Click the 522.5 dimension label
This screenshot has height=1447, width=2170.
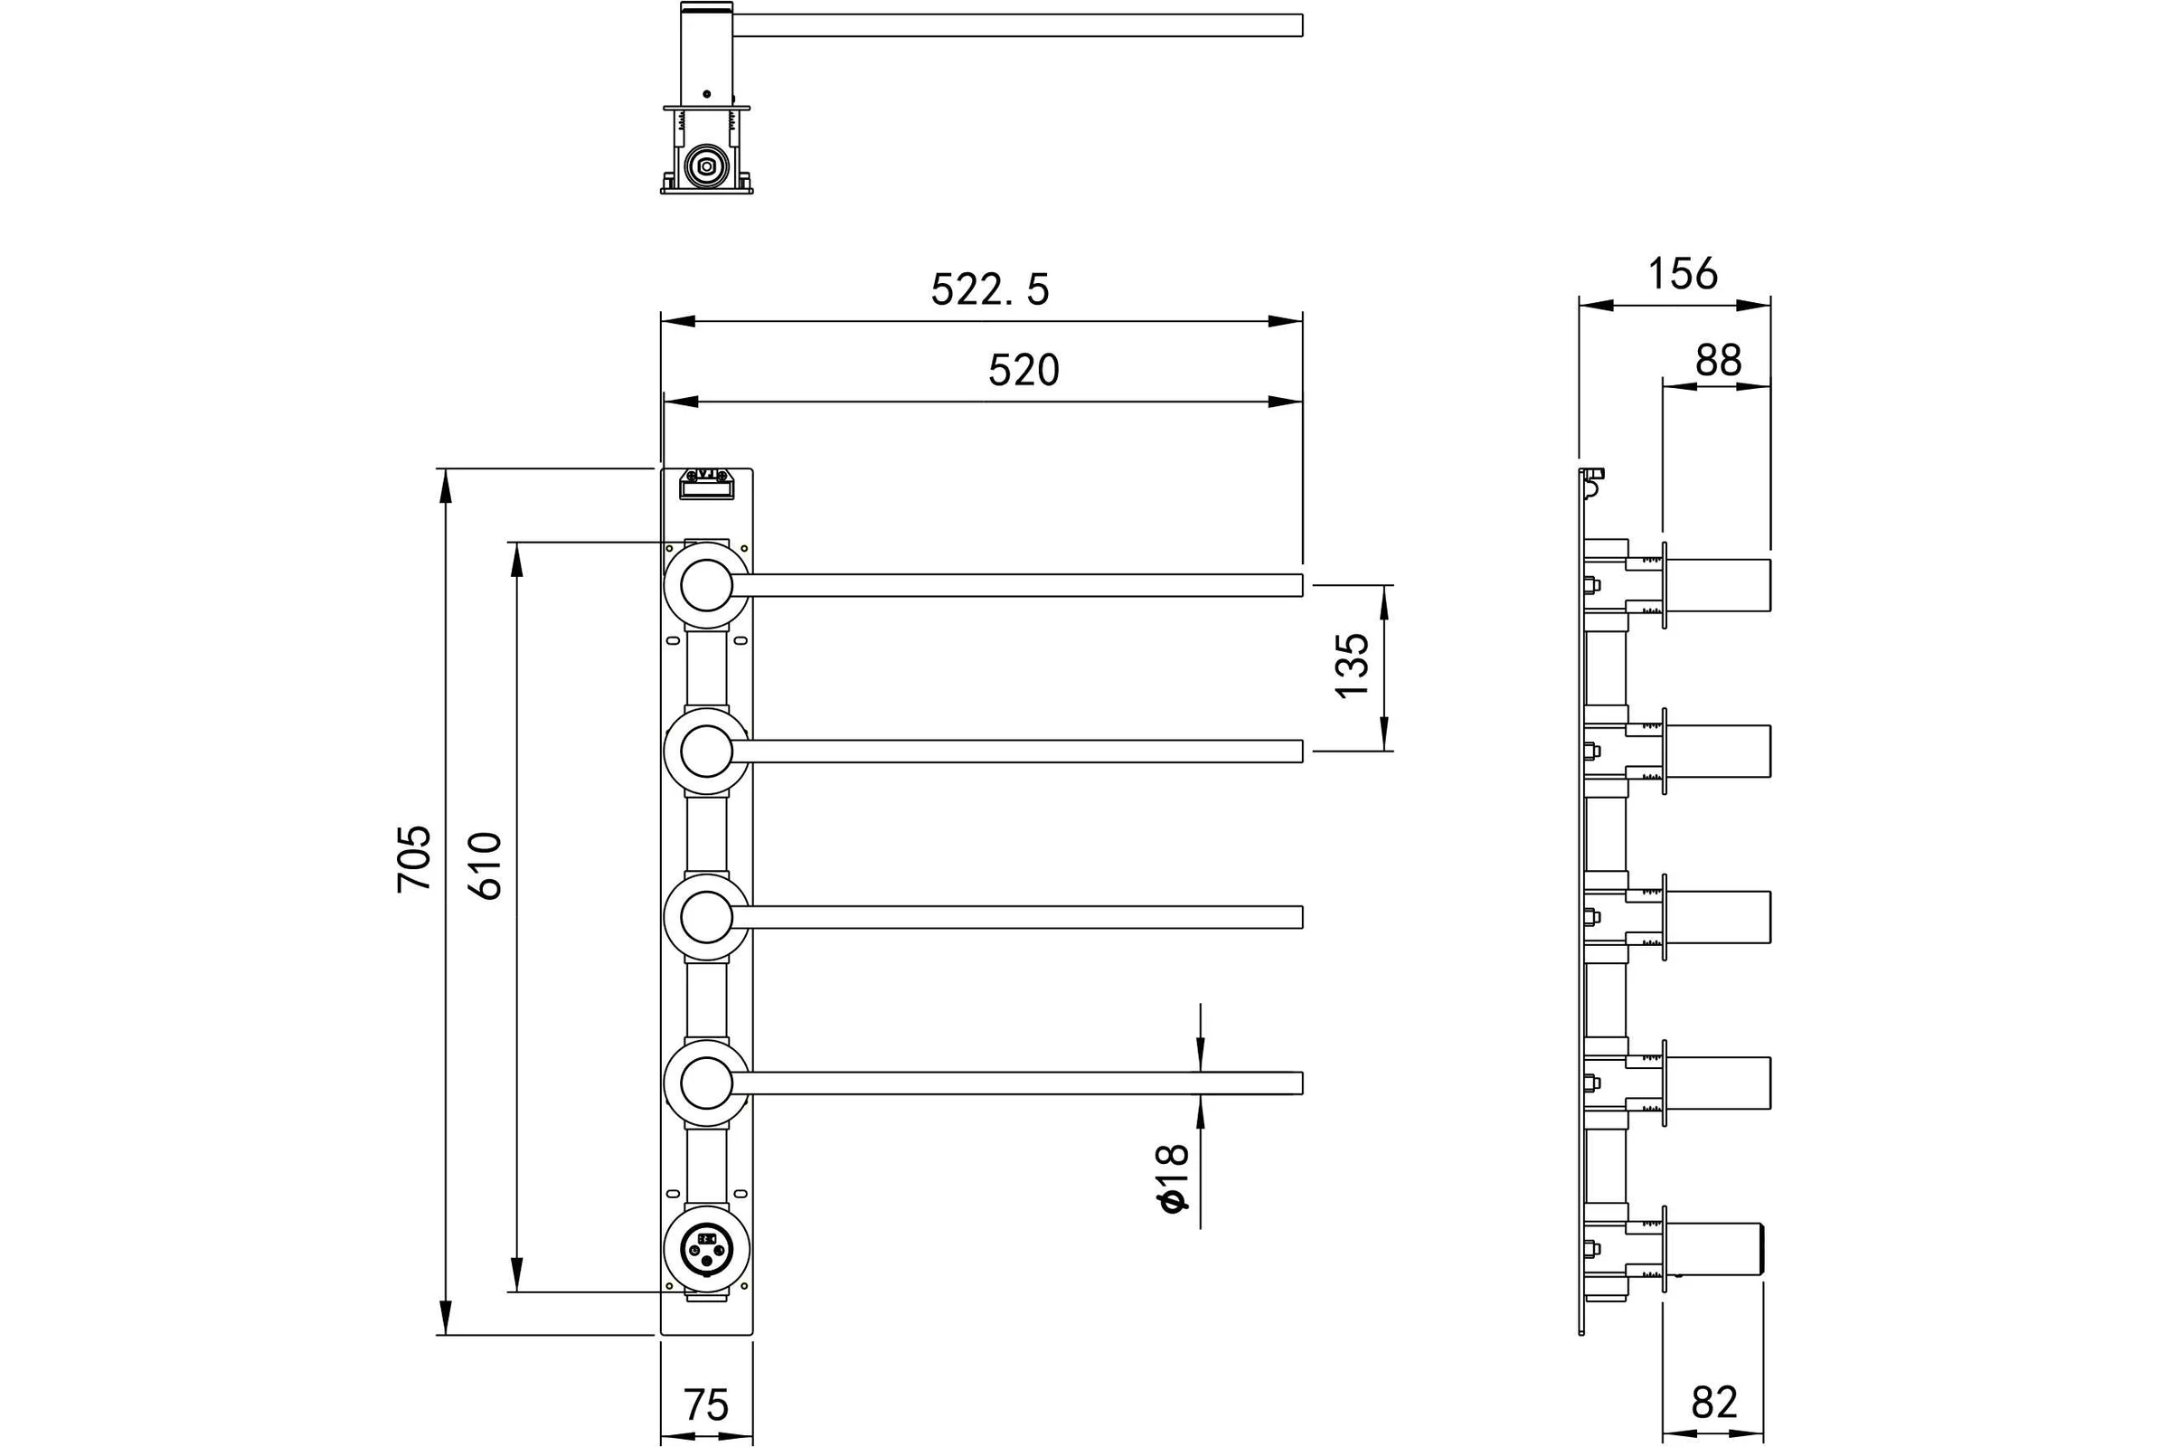(990, 289)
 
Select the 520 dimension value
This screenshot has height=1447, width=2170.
(1024, 371)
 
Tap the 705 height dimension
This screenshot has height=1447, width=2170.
(414, 858)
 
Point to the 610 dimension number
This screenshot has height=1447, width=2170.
(486, 865)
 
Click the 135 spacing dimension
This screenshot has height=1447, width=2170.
(1354, 666)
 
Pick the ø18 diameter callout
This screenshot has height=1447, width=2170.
(1171, 1178)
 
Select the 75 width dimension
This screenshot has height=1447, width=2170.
(706, 1405)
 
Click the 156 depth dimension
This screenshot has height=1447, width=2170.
(1683, 274)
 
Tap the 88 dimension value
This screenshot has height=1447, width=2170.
(1718, 361)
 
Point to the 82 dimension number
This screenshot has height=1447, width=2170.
(1714, 1403)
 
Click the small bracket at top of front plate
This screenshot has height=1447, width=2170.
(707, 484)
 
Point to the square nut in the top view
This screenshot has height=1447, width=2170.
(707, 166)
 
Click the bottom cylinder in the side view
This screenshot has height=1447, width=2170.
(1716, 1250)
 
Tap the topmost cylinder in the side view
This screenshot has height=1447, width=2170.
(1718, 585)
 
